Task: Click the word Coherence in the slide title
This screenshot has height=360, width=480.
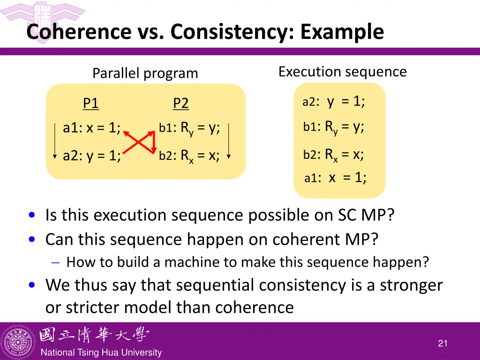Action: pos(79,32)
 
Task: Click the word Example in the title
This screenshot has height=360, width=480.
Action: pos(342,32)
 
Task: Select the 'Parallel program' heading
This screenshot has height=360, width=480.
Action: pos(145,74)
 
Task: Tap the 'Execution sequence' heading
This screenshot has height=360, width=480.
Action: pos(342,72)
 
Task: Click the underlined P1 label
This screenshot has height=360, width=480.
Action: pos(90,103)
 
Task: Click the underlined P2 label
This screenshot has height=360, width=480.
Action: pos(180,103)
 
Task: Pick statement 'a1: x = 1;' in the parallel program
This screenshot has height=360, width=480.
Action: pos(91,128)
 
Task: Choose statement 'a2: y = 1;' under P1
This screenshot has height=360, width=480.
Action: pos(92,156)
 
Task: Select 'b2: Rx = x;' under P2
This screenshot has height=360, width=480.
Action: pos(189,156)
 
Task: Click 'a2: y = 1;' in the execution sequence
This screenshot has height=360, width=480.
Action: pos(333,102)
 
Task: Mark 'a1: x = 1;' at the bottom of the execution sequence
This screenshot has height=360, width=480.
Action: pos(335,178)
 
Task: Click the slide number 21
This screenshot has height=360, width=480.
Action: pos(442,344)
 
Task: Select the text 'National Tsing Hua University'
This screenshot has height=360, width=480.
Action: pos(101,352)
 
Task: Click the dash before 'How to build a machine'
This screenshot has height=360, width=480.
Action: pos(55,262)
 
